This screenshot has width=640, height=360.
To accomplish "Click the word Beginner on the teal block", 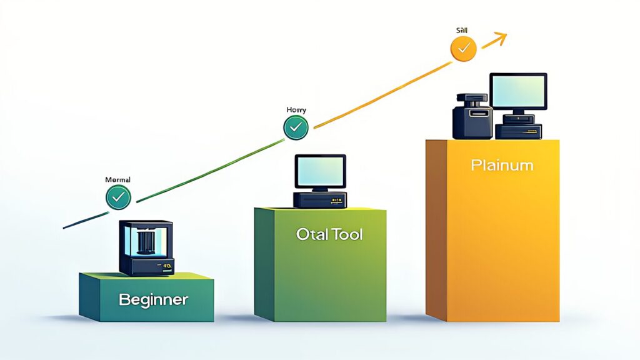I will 153,299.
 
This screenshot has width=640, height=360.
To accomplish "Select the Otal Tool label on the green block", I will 329,235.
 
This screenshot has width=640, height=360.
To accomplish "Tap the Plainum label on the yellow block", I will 502,166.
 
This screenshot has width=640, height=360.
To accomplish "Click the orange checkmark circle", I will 463,48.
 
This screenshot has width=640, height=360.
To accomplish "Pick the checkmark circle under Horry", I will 296,127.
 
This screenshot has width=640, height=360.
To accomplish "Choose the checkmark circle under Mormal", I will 117,197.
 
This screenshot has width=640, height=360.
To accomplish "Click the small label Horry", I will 296,110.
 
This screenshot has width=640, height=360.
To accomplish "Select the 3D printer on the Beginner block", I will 146,247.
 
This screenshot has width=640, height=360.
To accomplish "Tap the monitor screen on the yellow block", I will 517,91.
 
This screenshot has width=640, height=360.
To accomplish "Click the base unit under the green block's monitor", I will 320,200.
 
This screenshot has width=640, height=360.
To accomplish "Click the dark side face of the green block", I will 264,262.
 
